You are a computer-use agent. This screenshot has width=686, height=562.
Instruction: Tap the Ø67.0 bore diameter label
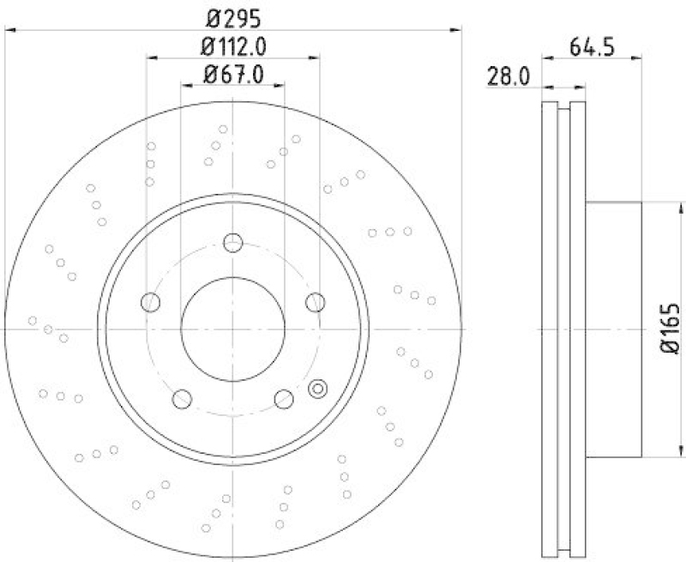[232, 74]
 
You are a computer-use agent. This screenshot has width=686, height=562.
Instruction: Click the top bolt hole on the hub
[232, 243]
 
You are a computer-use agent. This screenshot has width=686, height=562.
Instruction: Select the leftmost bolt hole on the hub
[151, 301]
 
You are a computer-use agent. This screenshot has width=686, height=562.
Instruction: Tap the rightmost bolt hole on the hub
[315, 301]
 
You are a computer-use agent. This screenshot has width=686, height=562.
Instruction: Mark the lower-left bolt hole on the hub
[182, 398]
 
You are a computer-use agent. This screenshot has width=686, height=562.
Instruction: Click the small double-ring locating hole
[317, 388]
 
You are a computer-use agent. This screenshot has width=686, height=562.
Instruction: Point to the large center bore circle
[232, 329]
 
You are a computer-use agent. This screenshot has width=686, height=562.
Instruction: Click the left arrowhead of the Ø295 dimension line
[10, 29]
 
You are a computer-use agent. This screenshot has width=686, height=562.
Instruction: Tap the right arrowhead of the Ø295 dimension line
[456, 29]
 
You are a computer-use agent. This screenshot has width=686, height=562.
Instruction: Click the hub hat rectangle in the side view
[614, 329]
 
